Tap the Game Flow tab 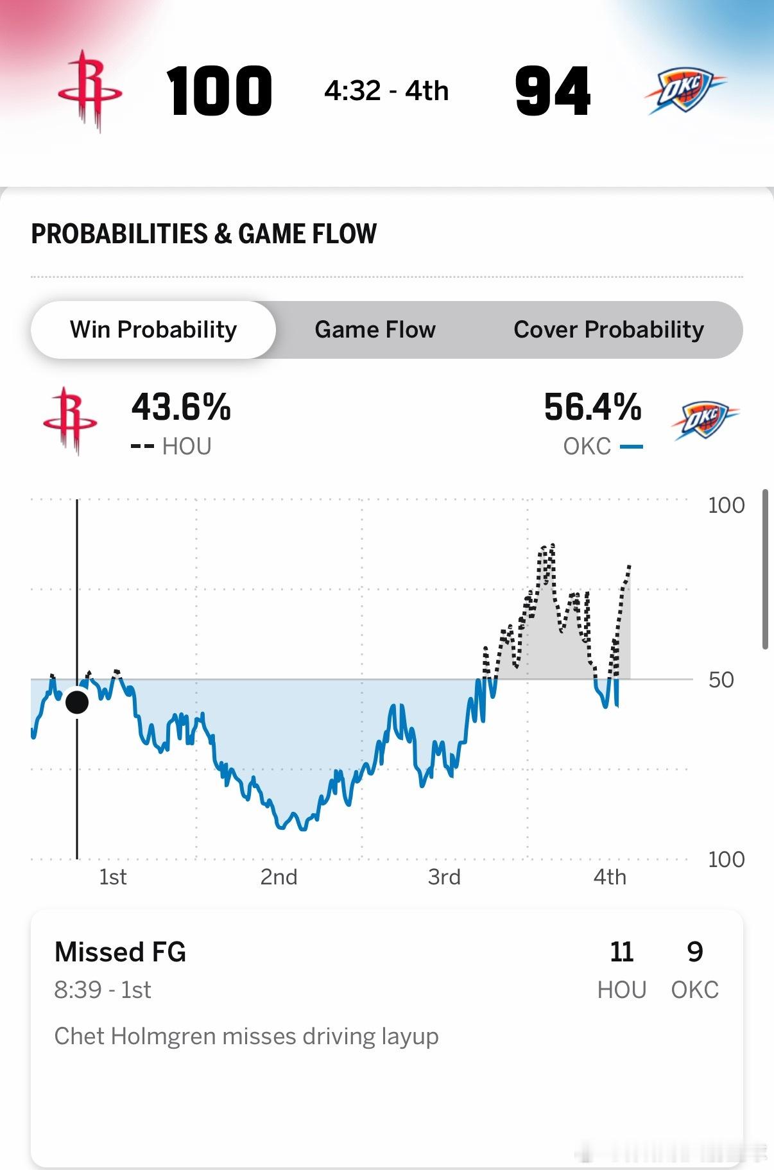[x=375, y=330]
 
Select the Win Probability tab [x=153, y=330]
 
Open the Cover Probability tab [x=608, y=330]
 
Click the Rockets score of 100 [x=219, y=91]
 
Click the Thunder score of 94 [x=553, y=91]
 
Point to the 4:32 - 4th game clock [x=386, y=91]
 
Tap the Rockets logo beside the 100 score [x=90, y=91]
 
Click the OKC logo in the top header [x=684, y=91]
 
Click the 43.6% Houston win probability [x=181, y=408]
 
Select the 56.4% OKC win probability [x=592, y=408]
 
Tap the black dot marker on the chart [x=77, y=702]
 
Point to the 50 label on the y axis [x=721, y=680]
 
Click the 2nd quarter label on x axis [x=279, y=877]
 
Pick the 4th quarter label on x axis [x=609, y=877]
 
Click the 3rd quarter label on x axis [x=444, y=877]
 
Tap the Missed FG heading [x=120, y=952]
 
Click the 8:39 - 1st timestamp [x=103, y=990]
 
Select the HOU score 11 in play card [x=621, y=952]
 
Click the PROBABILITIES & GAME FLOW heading [x=203, y=234]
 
